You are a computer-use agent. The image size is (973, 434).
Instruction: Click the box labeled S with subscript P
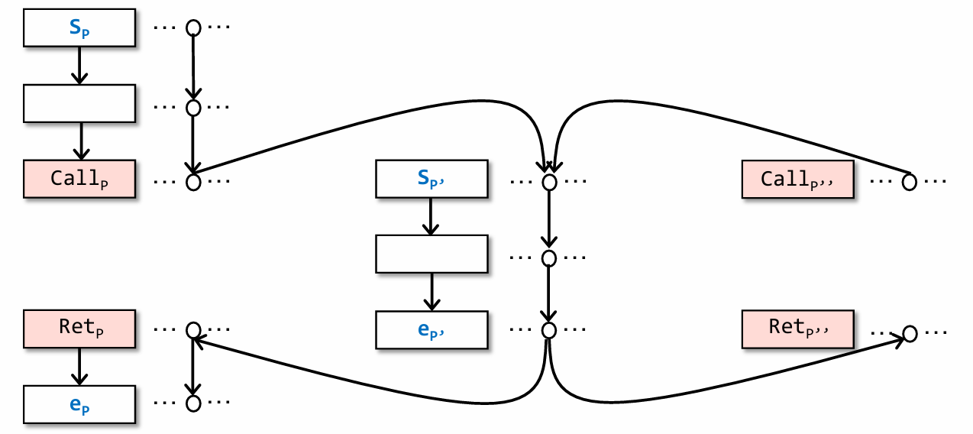coord(80,27)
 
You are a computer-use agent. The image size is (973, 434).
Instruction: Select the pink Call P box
coord(80,179)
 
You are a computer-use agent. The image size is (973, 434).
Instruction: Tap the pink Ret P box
coord(80,329)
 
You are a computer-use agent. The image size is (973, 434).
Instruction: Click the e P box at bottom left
coord(80,404)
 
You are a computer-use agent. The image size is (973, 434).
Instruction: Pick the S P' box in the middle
coord(432,179)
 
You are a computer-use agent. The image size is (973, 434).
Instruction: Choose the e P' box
coord(432,329)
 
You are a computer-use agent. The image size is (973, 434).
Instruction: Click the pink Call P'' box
coord(798,180)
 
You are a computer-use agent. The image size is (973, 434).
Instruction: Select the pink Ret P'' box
coord(798,329)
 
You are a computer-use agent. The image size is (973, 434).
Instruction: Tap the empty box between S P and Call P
coord(80,103)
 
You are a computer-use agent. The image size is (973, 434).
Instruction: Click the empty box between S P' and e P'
coord(432,254)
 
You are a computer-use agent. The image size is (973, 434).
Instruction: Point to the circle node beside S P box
coord(193,28)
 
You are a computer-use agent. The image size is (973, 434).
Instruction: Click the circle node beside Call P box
coord(193,183)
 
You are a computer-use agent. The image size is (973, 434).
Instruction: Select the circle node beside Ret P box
coord(193,330)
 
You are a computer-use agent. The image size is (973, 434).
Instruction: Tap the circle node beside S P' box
coord(548,183)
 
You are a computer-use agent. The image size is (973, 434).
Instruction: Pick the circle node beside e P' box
coord(548,330)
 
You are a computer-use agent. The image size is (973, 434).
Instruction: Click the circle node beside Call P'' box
coord(909,183)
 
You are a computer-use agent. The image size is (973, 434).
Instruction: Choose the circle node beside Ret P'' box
coord(909,334)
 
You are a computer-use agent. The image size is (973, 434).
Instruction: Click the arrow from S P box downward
coord(80,65)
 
